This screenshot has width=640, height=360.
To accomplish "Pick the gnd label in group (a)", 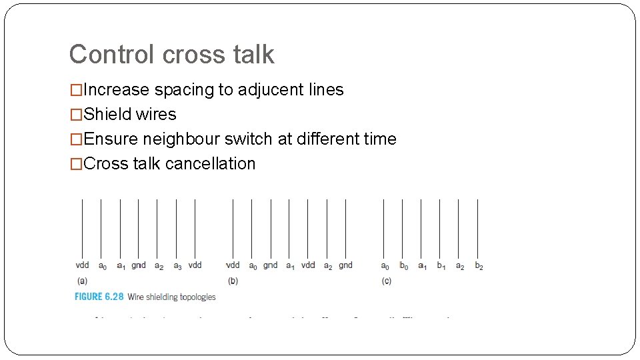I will click(x=139, y=265).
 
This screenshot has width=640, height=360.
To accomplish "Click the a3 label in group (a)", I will click(x=177, y=266).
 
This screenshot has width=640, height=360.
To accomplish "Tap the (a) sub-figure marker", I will click(x=82, y=281).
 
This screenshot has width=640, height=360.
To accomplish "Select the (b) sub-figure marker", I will click(x=233, y=281).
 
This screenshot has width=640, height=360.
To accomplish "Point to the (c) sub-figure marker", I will click(x=387, y=281).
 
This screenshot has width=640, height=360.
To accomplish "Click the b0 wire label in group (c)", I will click(x=404, y=266).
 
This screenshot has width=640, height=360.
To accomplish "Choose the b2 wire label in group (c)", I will click(x=479, y=266).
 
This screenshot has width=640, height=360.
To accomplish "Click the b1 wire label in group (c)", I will click(x=441, y=266).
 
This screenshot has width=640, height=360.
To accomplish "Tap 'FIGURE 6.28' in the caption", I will click(x=98, y=297).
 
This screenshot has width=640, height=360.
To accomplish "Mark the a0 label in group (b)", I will click(x=253, y=266).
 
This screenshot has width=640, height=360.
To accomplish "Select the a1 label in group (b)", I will click(x=290, y=266).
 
